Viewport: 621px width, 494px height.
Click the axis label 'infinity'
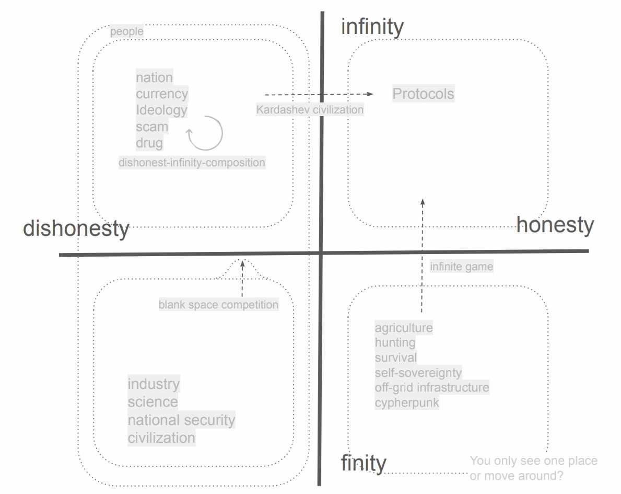coord(372,27)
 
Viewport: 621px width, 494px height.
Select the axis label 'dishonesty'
coord(76,229)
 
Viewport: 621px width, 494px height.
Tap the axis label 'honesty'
coord(555,225)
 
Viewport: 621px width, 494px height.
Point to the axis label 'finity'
coord(364,464)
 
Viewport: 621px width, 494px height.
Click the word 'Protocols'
coord(423,94)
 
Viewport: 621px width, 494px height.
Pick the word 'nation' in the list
coord(154,77)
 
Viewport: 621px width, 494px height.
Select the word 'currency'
coord(162,94)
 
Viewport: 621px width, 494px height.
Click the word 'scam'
coord(152,127)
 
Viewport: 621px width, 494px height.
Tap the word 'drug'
coord(149,143)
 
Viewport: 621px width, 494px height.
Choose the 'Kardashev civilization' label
coord(310,110)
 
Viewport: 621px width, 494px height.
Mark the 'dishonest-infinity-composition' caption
coord(192,163)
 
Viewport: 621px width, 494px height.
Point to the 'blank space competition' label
coord(218,304)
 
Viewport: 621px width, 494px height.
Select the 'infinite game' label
coord(461,267)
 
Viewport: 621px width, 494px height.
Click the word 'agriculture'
coord(404,328)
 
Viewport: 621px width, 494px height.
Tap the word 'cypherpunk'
coord(407,403)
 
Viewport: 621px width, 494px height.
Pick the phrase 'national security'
coord(181,420)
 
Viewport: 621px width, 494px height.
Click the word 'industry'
coord(154,384)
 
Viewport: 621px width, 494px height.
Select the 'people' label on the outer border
coord(126,31)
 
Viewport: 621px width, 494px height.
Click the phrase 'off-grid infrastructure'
coord(432,387)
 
